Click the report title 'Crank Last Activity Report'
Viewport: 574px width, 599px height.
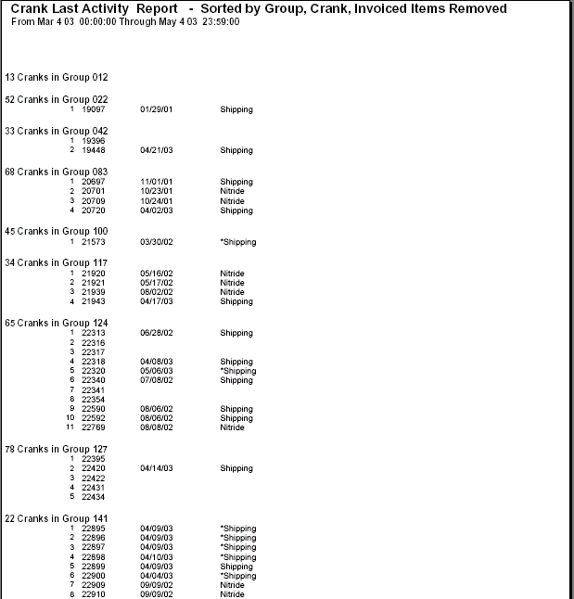coord(95,8)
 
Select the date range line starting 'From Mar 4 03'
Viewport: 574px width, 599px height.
coord(125,20)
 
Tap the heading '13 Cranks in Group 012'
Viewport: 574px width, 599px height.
coord(56,77)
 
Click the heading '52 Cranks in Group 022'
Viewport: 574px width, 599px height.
coord(56,99)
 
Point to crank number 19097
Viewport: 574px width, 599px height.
coord(94,109)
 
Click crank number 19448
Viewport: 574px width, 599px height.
coord(94,150)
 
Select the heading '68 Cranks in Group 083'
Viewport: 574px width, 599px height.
coord(56,172)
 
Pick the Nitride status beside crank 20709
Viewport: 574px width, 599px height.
coord(232,201)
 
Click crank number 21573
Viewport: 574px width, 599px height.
coord(94,242)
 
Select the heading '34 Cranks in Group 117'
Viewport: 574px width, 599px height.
coord(56,263)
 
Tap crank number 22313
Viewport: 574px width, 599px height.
coord(94,333)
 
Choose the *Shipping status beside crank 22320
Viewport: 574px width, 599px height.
coord(237,371)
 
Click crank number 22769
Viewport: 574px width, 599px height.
coord(94,427)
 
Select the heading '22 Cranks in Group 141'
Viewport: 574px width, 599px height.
coord(56,517)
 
